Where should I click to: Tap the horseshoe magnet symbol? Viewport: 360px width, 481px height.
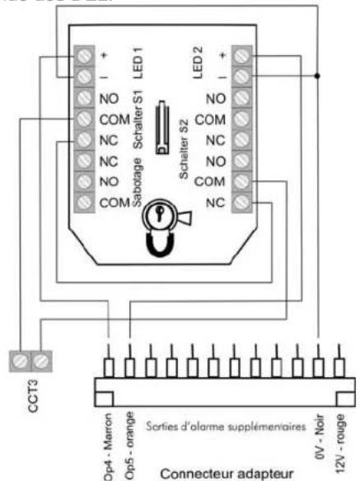tap(157, 244)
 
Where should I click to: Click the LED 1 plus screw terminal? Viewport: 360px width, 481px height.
tap(85, 56)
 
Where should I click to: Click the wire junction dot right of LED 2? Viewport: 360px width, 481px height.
tap(316, 76)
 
